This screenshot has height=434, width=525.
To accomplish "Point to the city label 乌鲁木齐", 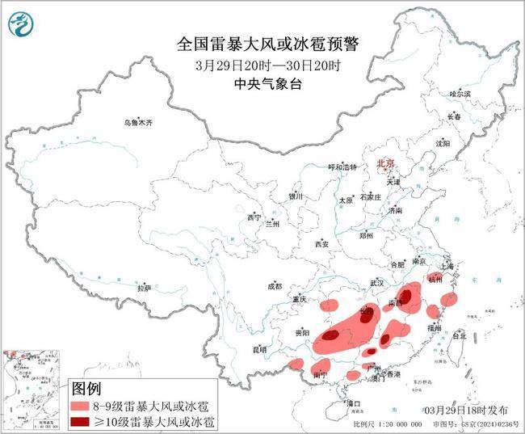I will (x=138, y=122).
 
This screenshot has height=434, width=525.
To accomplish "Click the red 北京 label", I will (x=384, y=163).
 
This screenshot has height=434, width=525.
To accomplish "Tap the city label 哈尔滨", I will (x=460, y=94).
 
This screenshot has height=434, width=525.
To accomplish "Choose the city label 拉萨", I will (x=144, y=288).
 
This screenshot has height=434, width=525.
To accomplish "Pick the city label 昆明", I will (x=259, y=349).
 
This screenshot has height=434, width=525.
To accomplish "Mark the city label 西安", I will (x=323, y=243).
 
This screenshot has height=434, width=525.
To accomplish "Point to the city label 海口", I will (x=353, y=402).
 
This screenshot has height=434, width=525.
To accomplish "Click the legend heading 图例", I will (x=89, y=389).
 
